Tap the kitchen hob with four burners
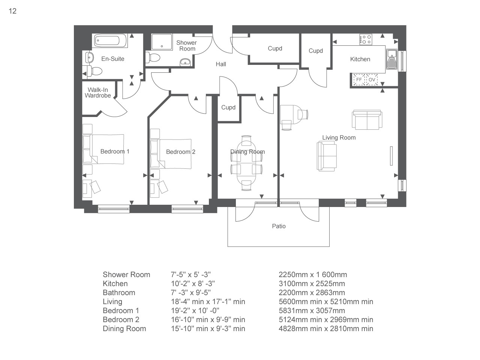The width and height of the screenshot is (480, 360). pyautogui.click(x=366, y=39)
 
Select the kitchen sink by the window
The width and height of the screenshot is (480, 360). pyautogui.click(x=391, y=59)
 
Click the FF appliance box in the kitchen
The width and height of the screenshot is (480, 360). pyautogui.click(x=359, y=79)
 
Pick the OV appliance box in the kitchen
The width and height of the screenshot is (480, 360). pyautogui.click(x=372, y=79)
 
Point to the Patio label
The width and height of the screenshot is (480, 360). pyautogui.click(x=279, y=226)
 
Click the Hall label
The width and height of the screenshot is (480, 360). pyautogui.click(x=221, y=64)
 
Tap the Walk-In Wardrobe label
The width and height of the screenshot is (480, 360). pyautogui.click(x=98, y=93)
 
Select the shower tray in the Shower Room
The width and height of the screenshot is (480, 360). pyautogui.click(x=162, y=42)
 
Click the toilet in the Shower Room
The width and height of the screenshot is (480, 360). pyautogui.click(x=153, y=58)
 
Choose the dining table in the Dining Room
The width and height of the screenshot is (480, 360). pyautogui.click(x=246, y=163)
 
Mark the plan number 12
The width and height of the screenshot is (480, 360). pyautogui.click(x=13, y=11)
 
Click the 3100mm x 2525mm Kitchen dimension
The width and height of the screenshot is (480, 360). pyautogui.click(x=312, y=283)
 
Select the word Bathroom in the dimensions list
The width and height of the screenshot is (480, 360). pyautogui.click(x=119, y=292)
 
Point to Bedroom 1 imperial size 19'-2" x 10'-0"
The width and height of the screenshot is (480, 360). pyautogui.click(x=195, y=310)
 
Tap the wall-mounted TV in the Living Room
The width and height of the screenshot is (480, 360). pyautogui.click(x=391, y=156)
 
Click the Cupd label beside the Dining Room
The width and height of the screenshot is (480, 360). pyautogui.click(x=228, y=107)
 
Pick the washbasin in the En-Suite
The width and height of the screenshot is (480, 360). pyautogui.click(x=89, y=58)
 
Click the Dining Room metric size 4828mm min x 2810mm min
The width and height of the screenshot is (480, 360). pyautogui.click(x=326, y=328)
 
